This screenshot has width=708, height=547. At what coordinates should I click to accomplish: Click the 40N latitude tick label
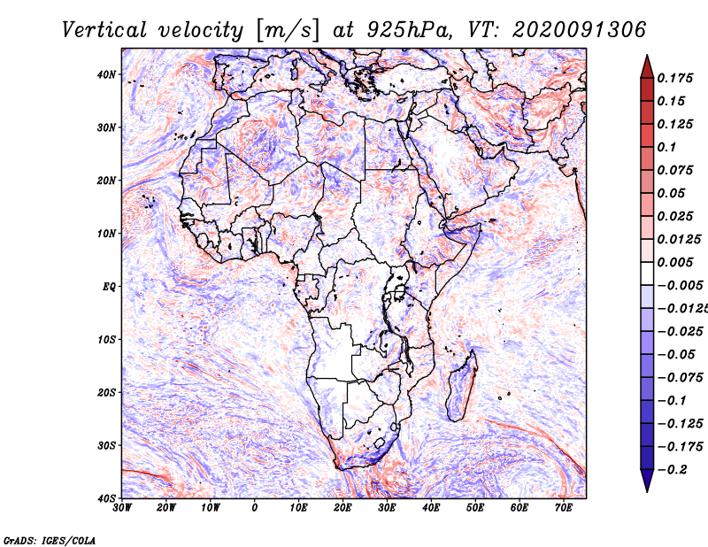106,74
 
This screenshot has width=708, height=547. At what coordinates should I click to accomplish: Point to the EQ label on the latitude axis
109,287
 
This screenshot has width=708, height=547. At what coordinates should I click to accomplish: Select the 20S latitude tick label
106,392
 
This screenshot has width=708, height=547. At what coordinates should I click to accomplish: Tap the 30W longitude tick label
122,508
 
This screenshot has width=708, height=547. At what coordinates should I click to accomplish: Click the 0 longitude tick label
255,508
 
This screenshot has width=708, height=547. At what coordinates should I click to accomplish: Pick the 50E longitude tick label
475,508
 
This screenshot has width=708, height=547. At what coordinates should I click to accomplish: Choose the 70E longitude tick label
564,508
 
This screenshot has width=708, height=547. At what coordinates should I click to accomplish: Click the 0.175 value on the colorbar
674,78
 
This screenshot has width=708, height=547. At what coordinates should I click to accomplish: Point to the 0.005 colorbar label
674,262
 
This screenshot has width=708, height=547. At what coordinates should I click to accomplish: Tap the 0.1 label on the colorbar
667,147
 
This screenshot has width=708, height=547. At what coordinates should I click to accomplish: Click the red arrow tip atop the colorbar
647,56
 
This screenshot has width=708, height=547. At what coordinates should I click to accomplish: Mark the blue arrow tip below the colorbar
647,491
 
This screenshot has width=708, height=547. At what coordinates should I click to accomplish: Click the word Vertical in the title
104,30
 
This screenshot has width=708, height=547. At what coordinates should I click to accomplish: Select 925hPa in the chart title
410,30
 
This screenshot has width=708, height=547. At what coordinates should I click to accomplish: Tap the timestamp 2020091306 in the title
579,30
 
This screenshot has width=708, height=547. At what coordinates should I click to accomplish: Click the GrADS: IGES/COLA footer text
50,540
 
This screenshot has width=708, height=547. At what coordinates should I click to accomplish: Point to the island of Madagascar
461,389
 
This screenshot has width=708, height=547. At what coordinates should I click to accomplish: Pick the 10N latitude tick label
106,234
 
